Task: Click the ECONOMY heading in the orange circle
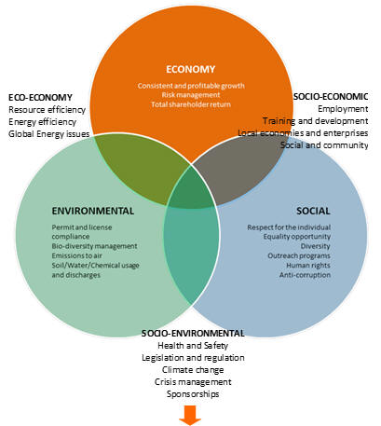pyautogui.click(x=190, y=69)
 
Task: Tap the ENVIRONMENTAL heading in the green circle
pyautogui.click(x=93, y=211)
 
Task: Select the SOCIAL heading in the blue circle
pyautogui.click(x=313, y=211)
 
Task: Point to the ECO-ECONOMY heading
pyautogui.click(x=40, y=97)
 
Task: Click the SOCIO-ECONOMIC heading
pyautogui.click(x=331, y=97)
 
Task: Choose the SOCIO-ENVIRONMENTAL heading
pyautogui.click(x=193, y=334)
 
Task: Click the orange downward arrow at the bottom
pyautogui.click(x=190, y=415)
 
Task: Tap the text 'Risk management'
pyautogui.click(x=191, y=95)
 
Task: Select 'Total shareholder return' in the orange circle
pyautogui.click(x=191, y=104)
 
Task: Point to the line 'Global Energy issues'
pyautogui.click(x=48, y=134)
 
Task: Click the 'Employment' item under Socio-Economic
pyautogui.click(x=343, y=109)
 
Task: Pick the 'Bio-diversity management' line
pyautogui.click(x=94, y=246)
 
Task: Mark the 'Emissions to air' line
pyautogui.click(x=76, y=255)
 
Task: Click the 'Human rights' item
pyautogui.click(x=308, y=266)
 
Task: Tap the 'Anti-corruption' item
pyautogui.click(x=305, y=275)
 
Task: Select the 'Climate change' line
pyautogui.click(x=193, y=370)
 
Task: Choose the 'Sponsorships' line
pyautogui.click(x=193, y=394)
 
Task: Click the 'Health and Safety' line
pyautogui.click(x=193, y=346)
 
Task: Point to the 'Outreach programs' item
pyautogui.click(x=299, y=255)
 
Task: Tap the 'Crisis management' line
pyautogui.click(x=193, y=382)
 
